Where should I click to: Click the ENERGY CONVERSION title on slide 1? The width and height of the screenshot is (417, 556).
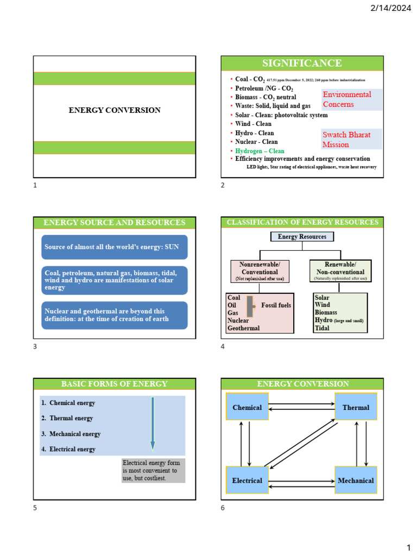coord(114,110)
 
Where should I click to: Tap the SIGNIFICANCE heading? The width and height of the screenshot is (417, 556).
coord(302,64)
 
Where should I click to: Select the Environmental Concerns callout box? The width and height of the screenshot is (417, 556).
coord(351,99)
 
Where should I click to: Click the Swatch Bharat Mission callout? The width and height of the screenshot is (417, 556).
coord(351,140)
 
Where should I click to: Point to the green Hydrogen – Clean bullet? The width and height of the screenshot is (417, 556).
coord(260,151)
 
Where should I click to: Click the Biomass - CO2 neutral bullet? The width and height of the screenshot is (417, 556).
coord(266,97)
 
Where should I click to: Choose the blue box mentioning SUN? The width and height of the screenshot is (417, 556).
coord(114,247)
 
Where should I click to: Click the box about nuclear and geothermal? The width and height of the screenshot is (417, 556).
coord(114,315)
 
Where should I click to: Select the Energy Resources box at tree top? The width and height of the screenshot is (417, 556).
coord(302,237)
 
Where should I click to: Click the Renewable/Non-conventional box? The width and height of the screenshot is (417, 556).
coord(340,271)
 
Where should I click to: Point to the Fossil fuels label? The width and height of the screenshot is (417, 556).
coord(276,305)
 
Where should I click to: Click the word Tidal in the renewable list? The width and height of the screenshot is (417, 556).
coord(322,328)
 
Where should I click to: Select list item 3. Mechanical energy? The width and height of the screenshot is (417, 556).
coord(71,434)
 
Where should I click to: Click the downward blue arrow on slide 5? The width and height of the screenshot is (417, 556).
coord(153,424)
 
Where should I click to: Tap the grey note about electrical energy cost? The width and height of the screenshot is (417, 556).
coord(153,471)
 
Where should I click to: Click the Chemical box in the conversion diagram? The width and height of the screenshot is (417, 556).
coord(247,407)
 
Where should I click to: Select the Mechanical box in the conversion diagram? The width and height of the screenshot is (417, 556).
coord(356,481)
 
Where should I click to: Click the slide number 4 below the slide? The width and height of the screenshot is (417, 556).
coord(223,347)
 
